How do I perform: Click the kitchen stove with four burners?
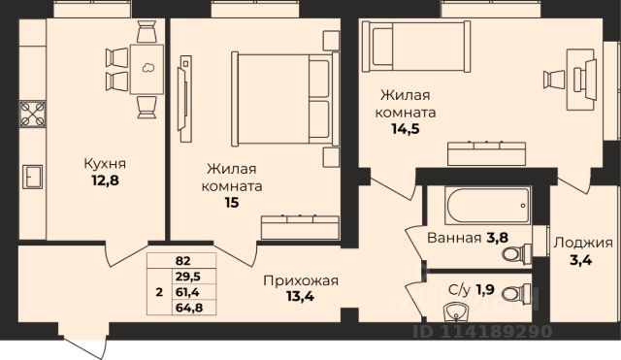(x=33, y=115)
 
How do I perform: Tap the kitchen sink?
(x=32, y=177)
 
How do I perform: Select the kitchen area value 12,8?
(x=106, y=180)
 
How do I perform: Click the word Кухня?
(x=105, y=163)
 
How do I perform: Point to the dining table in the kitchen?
(x=147, y=69)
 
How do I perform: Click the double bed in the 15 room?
(x=285, y=99)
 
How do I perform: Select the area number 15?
(x=232, y=203)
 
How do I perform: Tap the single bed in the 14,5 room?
(x=416, y=47)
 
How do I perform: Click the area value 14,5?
(x=406, y=129)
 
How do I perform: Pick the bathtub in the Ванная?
(x=487, y=205)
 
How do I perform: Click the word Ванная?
(x=454, y=238)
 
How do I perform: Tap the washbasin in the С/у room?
(x=457, y=312)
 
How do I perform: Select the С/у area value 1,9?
(x=485, y=290)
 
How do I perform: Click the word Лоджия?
(x=583, y=243)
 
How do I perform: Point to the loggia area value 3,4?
(x=580, y=260)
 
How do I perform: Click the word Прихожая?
(x=301, y=280)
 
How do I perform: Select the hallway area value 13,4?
(x=300, y=296)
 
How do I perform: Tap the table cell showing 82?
(x=181, y=261)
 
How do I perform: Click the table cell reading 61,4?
(x=194, y=292)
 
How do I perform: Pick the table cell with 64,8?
(x=194, y=308)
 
